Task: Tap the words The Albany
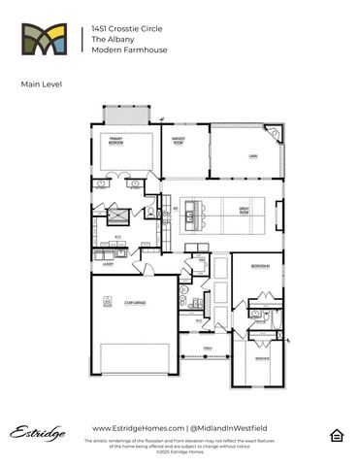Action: point(108,40)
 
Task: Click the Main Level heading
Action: point(40,85)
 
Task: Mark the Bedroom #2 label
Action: point(260,265)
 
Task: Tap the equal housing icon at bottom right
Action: point(337,433)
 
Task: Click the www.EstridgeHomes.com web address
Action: point(137,428)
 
